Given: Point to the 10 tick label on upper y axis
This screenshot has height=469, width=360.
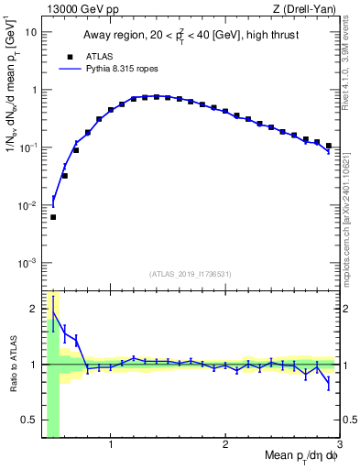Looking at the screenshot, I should coord(30,32).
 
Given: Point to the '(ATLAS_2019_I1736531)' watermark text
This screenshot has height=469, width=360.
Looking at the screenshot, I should coord(191,273).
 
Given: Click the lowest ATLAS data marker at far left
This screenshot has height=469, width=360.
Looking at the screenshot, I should coord(53,217).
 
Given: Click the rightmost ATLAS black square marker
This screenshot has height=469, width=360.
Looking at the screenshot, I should coord(329,146).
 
